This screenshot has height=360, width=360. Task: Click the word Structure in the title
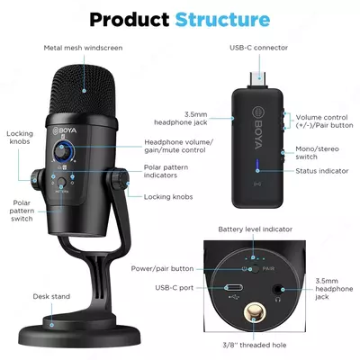[222, 18]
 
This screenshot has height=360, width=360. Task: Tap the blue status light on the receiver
[257, 165]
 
